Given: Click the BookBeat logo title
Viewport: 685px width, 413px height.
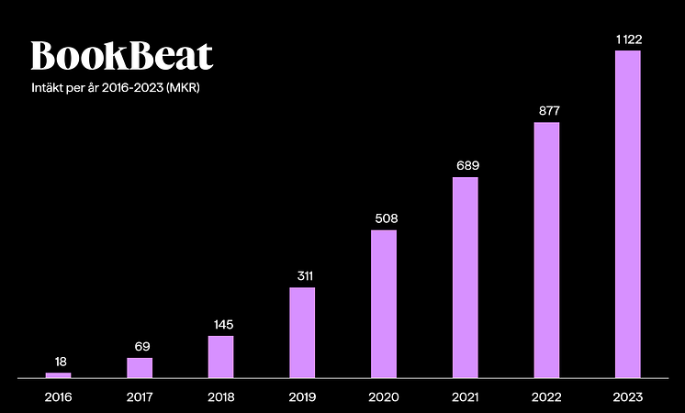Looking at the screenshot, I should (x=122, y=56).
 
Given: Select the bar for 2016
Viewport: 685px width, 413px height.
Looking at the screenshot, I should (x=58, y=375).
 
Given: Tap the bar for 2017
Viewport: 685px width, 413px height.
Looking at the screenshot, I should (x=140, y=367).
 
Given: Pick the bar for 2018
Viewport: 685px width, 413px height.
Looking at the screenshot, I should (x=220, y=356).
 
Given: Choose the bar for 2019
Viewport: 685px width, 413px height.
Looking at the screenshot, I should (x=302, y=332).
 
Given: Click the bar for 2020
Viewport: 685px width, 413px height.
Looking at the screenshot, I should (x=384, y=304).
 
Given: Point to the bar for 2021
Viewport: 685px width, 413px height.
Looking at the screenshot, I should (x=466, y=277).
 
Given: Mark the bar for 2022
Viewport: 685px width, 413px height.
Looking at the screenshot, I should (x=546, y=250).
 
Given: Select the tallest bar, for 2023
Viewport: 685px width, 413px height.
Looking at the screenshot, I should (x=628, y=214).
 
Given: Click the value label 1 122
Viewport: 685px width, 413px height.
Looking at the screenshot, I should (x=628, y=39).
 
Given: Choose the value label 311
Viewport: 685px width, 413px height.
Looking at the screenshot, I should (x=302, y=275).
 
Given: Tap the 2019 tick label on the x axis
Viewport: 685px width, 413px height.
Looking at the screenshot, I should (x=302, y=396).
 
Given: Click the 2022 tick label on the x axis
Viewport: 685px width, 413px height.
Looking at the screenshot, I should (x=546, y=396).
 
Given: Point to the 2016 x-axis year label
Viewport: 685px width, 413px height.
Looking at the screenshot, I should (x=58, y=396).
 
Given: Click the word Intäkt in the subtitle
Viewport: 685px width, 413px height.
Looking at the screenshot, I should (x=46, y=89).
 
